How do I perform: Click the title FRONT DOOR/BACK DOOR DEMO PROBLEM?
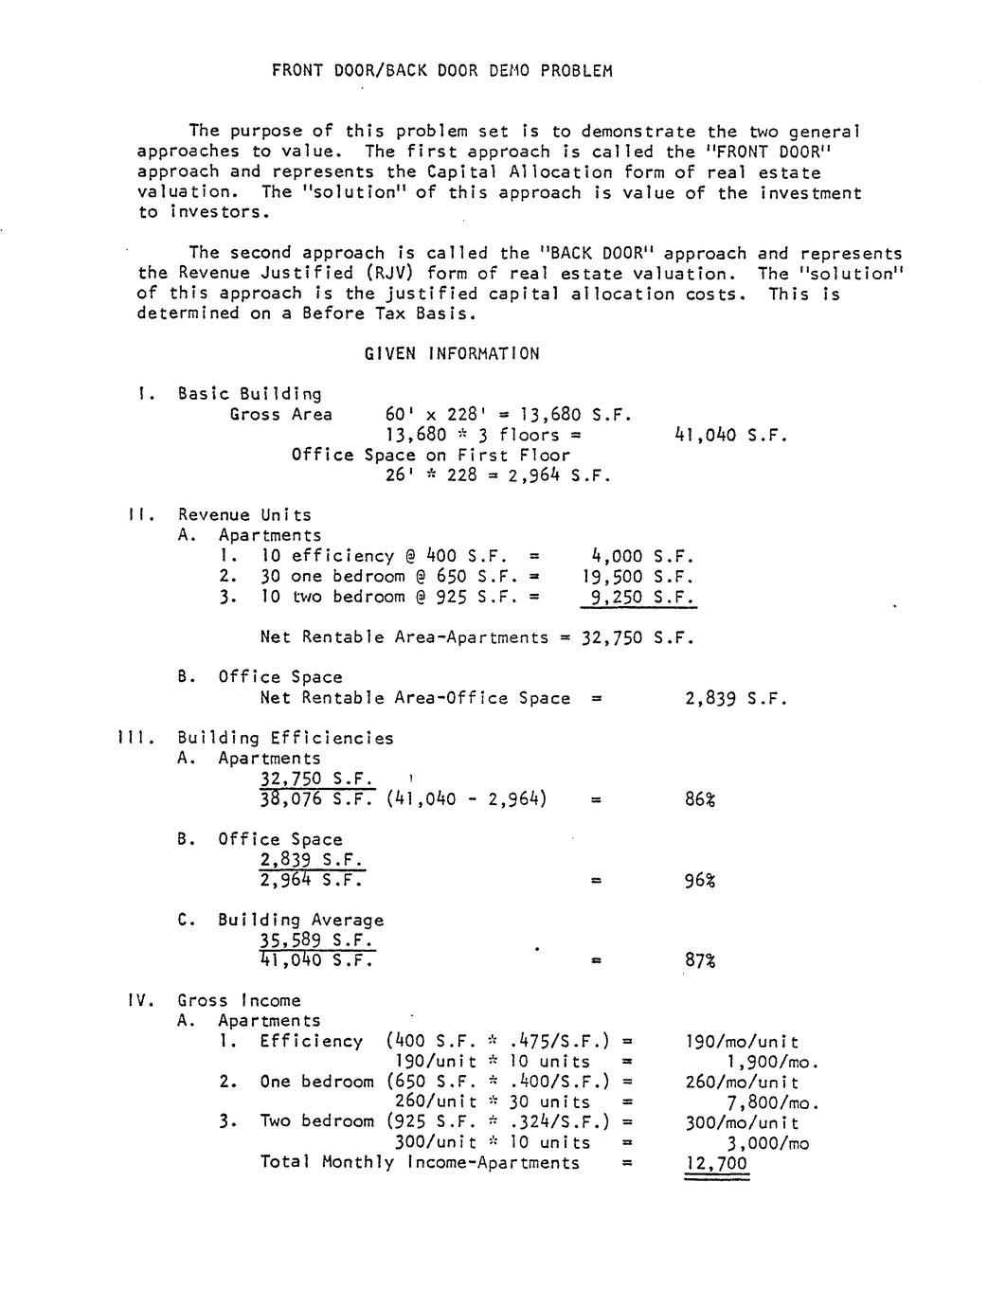click(442, 70)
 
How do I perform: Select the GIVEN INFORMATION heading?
click(452, 353)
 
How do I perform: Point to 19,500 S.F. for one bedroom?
click(638, 576)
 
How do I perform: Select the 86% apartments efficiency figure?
click(700, 799)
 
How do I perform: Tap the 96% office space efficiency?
click(700, 881)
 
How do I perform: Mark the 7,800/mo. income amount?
click(772, 1102)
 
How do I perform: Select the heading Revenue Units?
click(244, 515)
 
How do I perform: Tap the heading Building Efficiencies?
click(285, 738)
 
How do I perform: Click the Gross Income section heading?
click(239, 1000)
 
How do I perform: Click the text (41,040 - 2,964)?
click(467, 799)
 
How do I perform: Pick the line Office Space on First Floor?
click(431, 455)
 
